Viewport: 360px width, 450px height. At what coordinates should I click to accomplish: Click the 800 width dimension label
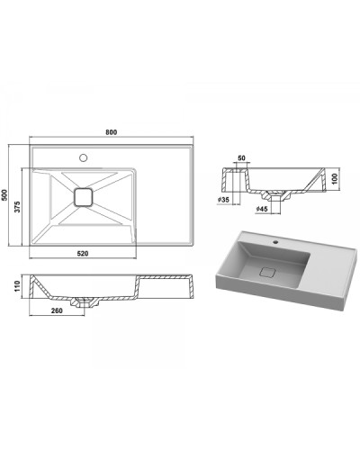pyautogui.click(x=112, y=132)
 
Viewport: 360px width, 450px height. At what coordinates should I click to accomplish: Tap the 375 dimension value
pyautogui.click(x=18, y=207)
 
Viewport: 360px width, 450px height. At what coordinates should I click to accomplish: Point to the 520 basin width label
pyautogui.click(x=83, y=254)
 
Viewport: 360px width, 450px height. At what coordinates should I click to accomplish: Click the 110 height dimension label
pyautogui.click(x=17, y=286)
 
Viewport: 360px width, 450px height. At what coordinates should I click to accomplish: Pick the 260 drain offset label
pyautogui.click(x=57, y=310)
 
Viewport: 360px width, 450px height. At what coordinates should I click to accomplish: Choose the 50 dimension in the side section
pyautogui.click(x=241, y=157)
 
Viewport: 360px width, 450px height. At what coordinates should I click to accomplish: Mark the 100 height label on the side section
pyautogui.click(x=335, y=178)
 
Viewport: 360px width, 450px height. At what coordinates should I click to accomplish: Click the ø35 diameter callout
pyautogui.click(x=223, y=199)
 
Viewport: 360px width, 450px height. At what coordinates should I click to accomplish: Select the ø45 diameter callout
pyautogui.click(x=262, y=209)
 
